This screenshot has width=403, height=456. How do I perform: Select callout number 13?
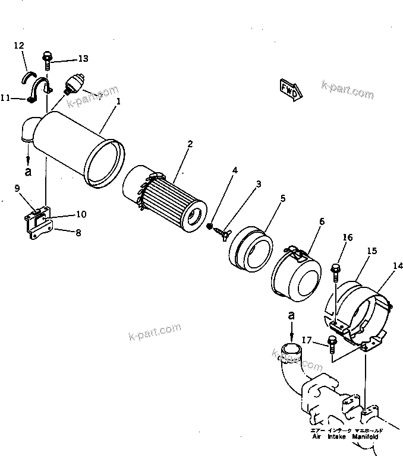pyautogui.click(x=83, y=58)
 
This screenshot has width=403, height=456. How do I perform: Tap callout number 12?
pyautogui.click(x=19, y=45)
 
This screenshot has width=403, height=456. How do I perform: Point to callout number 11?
pyautogui.click(x=5, y=99)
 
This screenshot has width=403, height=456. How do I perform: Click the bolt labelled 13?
pyautogui.click(x=48, y=59)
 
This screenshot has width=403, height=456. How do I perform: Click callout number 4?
pyautogui.click(x=235, y=170)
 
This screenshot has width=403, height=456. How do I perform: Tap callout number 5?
pyautogui.click(x=282, y=198)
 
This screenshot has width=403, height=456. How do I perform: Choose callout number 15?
pyautogui.click(x=371, y=251)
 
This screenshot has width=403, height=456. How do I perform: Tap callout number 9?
pyautogui.click(x=17, y=189)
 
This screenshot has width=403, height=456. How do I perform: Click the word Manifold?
pyautogui.click(x=367, y=436)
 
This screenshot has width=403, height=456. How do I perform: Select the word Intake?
pyautogui.click(x=337, y=436)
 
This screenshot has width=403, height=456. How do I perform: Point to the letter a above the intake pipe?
pyautogui.click(x=291, y=316)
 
